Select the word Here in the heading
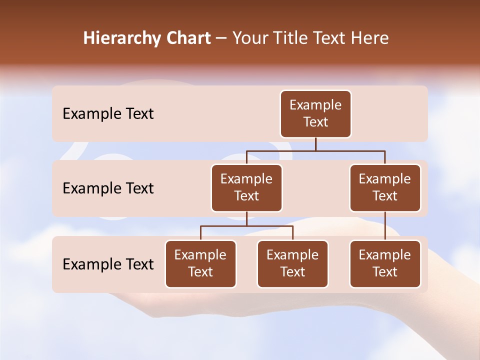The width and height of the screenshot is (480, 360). [x=371, y=38]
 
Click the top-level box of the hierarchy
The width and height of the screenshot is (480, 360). [x=315, y=113]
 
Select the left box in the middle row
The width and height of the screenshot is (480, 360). [x=246, y=187]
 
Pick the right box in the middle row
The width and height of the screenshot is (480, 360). [x=385, y=187]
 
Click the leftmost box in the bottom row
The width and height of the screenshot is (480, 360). [x=200, y=263]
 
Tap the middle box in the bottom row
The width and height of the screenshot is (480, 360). [x=292, y=263]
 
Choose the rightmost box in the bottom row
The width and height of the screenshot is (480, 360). [x=385, y=263]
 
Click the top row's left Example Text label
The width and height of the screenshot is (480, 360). [x=108, y=113]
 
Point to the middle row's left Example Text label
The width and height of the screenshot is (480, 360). [x=108, y=188]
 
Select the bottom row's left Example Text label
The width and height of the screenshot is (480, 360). [x=108, y=264]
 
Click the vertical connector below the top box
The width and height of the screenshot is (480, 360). [x=315, y=144]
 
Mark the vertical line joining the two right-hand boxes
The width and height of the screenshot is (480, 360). [x=385, y=226]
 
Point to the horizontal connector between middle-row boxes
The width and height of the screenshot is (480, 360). [x=315, y=150]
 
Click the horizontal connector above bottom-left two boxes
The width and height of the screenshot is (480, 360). [x=246, y=226]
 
